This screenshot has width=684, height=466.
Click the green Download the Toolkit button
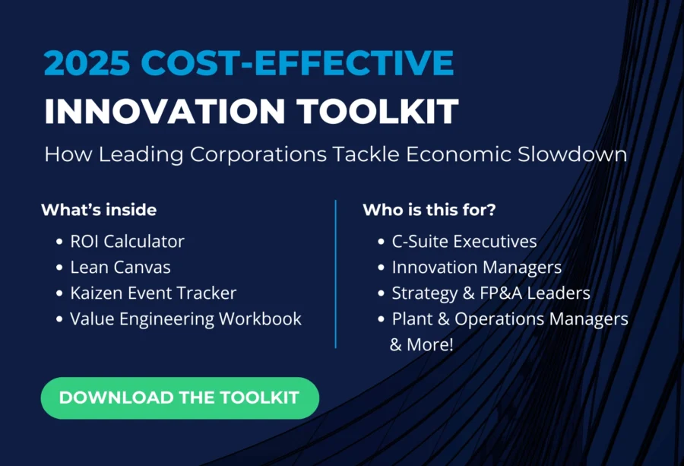pyautogui.click(x=179, y=398)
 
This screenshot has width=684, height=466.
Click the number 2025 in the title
pyautogui.click(x=87, y=63)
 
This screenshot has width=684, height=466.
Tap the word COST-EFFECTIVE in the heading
pyautogui.click(x=297, y=63)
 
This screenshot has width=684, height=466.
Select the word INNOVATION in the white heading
pyautogui.click(x=165, y=111)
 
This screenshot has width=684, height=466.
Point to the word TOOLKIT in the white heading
pyautogui.click(x=378, y=111)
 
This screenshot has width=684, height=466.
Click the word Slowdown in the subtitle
pyautogui.click(x=572, y=154)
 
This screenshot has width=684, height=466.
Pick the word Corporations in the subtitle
pyautogui.click(x=258, y=155)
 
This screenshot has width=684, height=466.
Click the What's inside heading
pyautogui.click(x=99, y=210)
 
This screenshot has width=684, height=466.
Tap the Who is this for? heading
pyautogui.click(x=429, y=210)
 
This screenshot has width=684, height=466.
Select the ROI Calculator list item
pyautogui.click(x=128, y=241)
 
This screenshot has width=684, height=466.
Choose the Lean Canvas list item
pyautogui.click(x=120, y=267)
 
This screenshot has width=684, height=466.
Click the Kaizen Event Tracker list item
pyautogui.click(x=153, y=293)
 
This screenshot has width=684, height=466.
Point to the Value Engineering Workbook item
pyautogui.click(x=186, y=319)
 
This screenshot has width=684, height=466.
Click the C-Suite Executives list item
pyautogui.click(x=464, y=241)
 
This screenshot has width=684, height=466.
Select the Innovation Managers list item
pyautogui.click(x=477, y=268)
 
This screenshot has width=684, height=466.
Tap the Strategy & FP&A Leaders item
pyautogui.click(x=491, y=293)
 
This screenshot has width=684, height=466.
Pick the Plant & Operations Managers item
pyautogui.click(x=510, y=319)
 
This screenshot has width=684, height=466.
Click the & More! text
pyautogui.click(x=421, y=344)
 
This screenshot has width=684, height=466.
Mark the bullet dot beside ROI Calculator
pyautogui.click(x=60, y=242)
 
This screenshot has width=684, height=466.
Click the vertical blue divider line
pyautogui.click(x=335, y=274)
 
